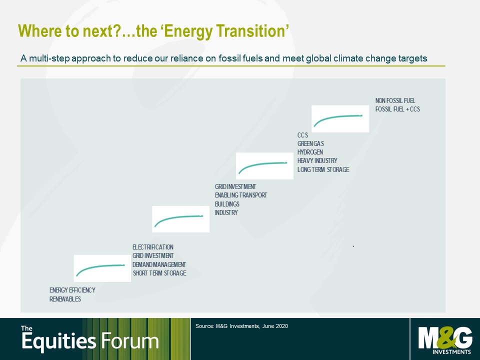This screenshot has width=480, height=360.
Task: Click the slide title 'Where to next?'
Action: point(70,31)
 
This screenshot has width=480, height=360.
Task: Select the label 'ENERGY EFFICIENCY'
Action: point(72,290)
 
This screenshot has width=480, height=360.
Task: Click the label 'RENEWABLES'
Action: point(65,299)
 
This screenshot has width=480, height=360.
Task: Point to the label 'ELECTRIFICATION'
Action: point(153,247)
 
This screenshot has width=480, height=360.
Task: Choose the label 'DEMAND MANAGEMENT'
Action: point(159,264)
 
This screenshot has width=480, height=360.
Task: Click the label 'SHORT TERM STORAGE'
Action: point(159,273)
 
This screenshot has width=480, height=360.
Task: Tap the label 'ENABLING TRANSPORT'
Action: point(241,195)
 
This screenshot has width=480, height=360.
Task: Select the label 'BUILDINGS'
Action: point(227,204)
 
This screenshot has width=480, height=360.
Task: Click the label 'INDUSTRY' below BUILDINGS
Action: point(226,212)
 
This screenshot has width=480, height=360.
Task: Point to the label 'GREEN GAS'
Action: point(310,143)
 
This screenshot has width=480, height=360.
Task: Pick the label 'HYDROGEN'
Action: point(310,152)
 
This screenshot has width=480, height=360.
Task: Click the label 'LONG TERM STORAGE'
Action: point(323,169)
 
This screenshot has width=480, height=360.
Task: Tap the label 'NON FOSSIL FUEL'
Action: point(395,100)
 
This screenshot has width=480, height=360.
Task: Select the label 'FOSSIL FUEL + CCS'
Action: point(397,109)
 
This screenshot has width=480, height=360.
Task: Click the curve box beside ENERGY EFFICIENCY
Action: point(102,268)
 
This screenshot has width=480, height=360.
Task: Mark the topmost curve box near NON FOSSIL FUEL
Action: point(340,119)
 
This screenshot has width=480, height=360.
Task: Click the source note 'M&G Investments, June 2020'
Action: point(252,326)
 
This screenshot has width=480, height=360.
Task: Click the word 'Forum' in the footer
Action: point(130,340)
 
